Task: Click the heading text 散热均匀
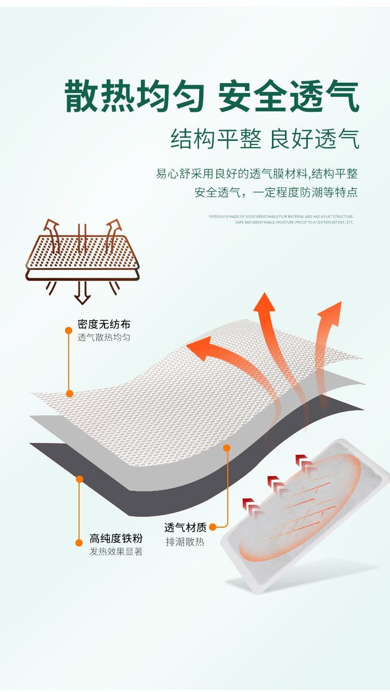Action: (x=134, y=97)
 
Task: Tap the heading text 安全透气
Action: (x=289, y=97)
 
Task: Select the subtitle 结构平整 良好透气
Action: (x=265, y=139)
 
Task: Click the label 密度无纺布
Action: (x=104, y=324)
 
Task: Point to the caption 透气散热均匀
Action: (x=104, y=337)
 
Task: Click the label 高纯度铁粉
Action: (x=116, y=538)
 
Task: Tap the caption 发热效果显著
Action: (x=116, y=552)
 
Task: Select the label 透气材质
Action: (x=186, y=528)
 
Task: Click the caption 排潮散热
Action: (x=185, y=542)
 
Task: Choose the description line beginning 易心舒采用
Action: (x=257, y=174)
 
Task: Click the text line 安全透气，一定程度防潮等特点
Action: (x=276, y=192)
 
